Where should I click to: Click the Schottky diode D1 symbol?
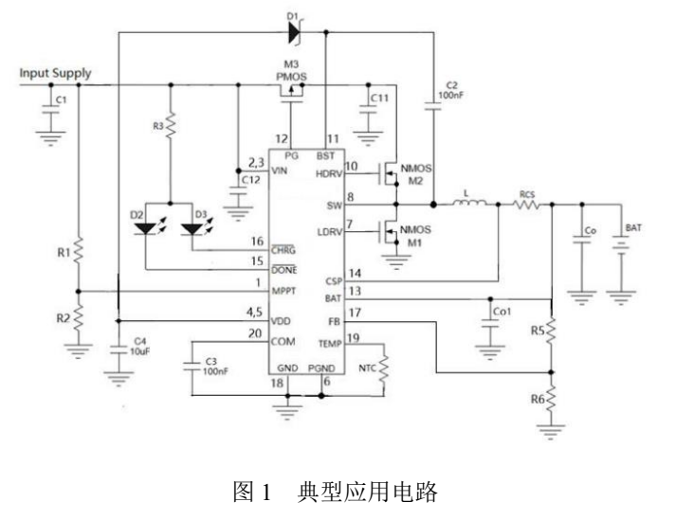[x=295, y=32]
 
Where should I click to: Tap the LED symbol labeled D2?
[x=146, y=229]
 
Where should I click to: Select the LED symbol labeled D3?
[x=192, y=229]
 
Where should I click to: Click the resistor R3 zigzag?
[x=171, y=125]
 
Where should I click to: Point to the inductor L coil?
[x=470, y=203]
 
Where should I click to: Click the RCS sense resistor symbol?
[x=527, y=205]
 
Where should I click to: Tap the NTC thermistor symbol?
[x=383, y=368]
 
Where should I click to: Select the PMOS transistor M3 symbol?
[x=291, y=94]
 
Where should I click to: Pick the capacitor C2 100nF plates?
[x=433, y=106]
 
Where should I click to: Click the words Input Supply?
[x=55, y=73]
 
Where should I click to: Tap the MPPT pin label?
[x=283, y=291]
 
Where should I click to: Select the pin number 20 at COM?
[x=255, y=333]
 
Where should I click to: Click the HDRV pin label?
[x=329, y=173]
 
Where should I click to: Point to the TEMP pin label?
[x=330, y=344]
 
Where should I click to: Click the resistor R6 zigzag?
[x=551, y=400]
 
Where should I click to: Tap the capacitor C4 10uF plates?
[x=119, y=350]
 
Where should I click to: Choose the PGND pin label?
[x=321, y=368]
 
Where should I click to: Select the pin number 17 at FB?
[x=355, y=313]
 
